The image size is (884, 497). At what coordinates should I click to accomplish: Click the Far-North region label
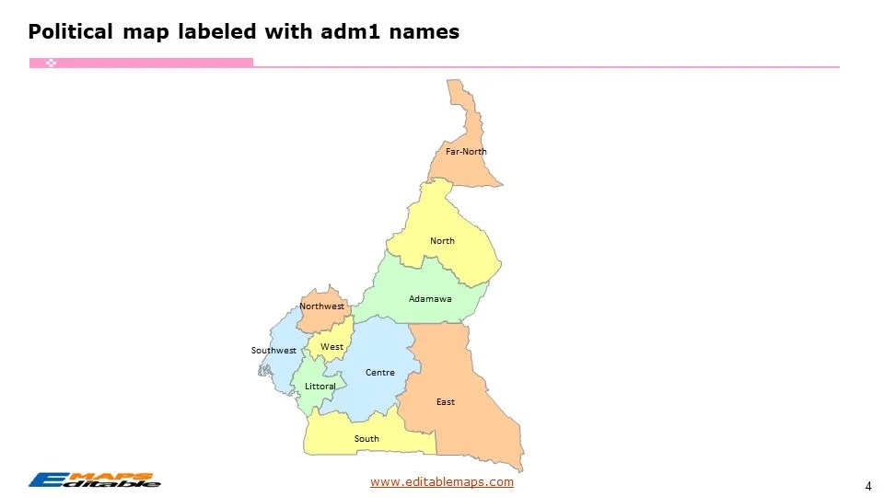(x=466, y=152)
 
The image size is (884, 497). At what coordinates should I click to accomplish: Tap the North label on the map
(x=442, y=241)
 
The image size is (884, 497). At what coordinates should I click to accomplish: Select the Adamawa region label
(x=430, y=299)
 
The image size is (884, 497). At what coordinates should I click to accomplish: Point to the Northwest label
(x=321, y=306)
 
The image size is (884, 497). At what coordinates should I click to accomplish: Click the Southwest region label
(x=273, y=351)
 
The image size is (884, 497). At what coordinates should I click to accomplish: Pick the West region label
(x=331, y=347)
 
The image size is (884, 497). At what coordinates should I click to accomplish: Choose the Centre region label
(x=379, y=373)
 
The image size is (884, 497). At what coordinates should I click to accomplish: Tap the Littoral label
(x=320, y=387)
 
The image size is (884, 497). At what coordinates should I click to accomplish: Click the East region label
(x=446, y=402)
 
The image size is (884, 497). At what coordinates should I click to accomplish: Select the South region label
(x=366, y=439)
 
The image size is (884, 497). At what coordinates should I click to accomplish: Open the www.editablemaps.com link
(x=442, y=482)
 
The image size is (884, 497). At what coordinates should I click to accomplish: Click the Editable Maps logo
(x=95, y=480)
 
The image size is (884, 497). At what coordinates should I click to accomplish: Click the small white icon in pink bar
(x=52, y=63)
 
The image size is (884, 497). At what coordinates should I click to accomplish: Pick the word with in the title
(x=288, y=32)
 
